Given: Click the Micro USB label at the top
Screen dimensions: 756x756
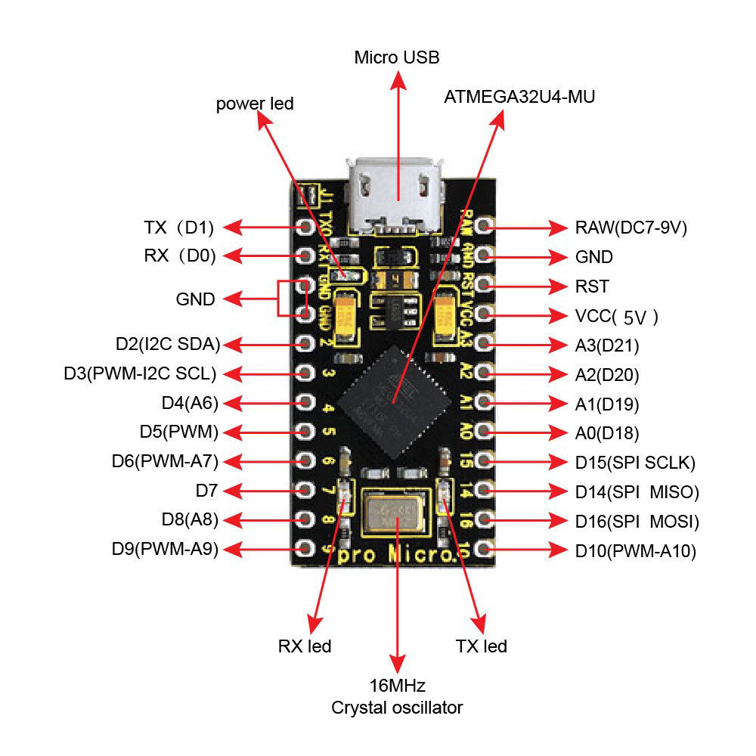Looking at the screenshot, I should tap(397, 57).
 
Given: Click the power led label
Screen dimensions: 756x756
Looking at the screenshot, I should tap(255, 104).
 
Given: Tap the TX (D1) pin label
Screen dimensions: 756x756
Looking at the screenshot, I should tap(179, 227).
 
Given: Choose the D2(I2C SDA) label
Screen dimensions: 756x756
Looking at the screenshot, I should tap(167, 345).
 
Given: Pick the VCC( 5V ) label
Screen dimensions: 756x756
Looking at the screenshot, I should tap(616, 316).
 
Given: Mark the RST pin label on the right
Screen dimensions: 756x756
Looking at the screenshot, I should tap(591, 287).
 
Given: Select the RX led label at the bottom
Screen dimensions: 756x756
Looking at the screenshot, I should tap(305, 646).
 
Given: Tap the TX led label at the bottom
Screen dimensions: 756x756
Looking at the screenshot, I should tap(481, 646).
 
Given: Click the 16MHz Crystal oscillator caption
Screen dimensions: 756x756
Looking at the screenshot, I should tap(397, 697).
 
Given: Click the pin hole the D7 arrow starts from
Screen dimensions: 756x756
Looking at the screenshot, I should tap(305, 491).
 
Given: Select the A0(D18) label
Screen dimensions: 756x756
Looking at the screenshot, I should tap(606, 433).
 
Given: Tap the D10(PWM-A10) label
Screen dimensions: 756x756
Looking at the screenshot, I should tap(635, 551).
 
